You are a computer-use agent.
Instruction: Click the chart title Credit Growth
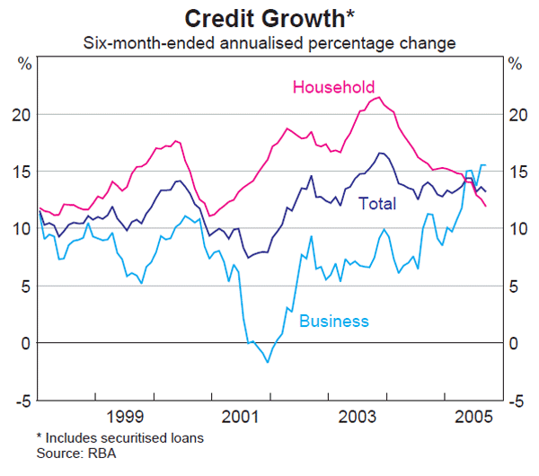tap(269, 18)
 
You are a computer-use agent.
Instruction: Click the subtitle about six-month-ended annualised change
tap(269, 42)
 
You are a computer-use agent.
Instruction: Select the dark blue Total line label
tap(377, 204)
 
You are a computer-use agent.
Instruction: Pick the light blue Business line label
tap(333, 321)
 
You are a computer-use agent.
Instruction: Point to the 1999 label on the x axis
tap(125, 417)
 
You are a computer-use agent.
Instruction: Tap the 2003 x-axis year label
tap(357, 417)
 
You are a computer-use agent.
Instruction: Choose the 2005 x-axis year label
tap(473, 417)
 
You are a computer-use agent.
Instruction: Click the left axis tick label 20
tap(22, 114)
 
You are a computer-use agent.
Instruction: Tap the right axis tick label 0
tap(515, 343)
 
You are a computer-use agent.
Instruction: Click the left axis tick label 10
tap(22, 229)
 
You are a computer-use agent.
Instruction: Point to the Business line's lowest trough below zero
tap(267, 362)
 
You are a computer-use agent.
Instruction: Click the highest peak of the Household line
tap(379, 97)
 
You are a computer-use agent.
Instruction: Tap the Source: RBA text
tap(76, 454)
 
